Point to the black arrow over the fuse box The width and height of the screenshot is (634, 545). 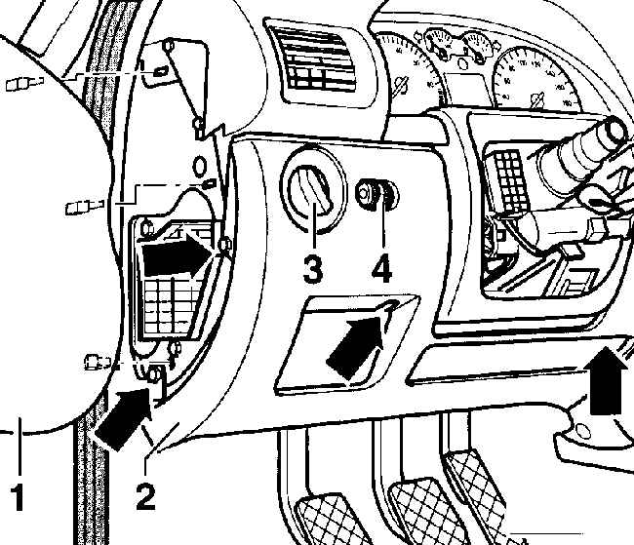coord(176,259)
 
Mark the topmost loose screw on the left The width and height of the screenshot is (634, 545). coord(18,86)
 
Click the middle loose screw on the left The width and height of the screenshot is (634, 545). coord(82,207)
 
